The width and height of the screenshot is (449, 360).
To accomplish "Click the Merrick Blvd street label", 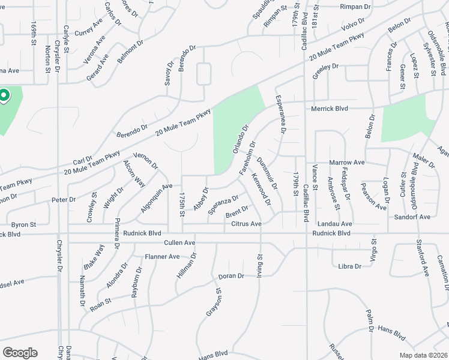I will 330,109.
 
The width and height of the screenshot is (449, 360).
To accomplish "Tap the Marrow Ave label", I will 347,162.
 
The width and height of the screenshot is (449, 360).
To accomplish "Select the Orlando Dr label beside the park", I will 239,139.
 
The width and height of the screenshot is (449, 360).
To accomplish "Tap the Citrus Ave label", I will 246,224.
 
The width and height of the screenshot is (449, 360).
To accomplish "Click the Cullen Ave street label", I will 179,242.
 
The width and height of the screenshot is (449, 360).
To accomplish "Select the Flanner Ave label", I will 162,256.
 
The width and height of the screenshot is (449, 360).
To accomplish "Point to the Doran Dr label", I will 231,275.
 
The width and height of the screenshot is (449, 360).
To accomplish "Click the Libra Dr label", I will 351,266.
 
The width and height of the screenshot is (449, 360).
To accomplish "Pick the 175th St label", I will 182,205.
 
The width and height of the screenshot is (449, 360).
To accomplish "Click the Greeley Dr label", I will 325,70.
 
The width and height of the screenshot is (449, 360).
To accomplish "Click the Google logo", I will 20,353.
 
